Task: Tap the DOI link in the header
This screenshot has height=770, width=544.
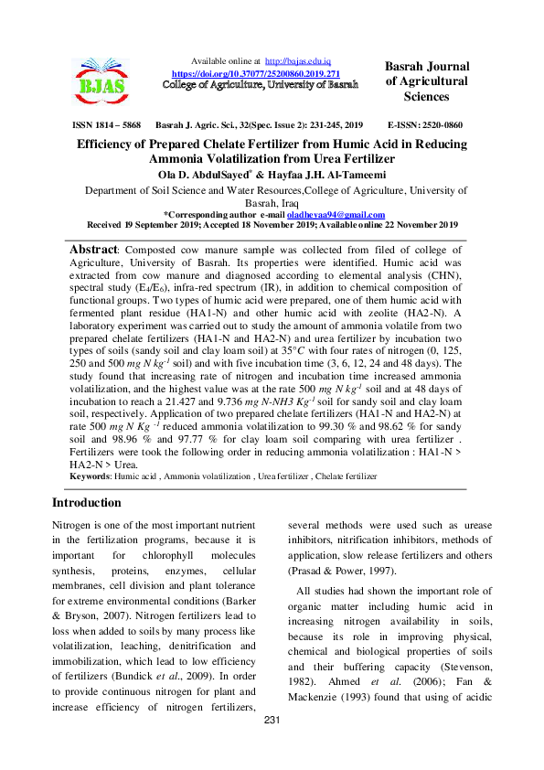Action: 256,72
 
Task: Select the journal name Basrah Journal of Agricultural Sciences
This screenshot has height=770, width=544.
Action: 427,81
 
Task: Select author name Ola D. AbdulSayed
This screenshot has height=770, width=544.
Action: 206,174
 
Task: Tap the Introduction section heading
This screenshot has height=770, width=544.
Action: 86,503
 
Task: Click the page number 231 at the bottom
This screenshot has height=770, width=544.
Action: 272,747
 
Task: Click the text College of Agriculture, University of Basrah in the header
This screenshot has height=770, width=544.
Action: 260,84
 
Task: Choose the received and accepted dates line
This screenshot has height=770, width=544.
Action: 272,224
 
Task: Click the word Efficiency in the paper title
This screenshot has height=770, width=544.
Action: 111,144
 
